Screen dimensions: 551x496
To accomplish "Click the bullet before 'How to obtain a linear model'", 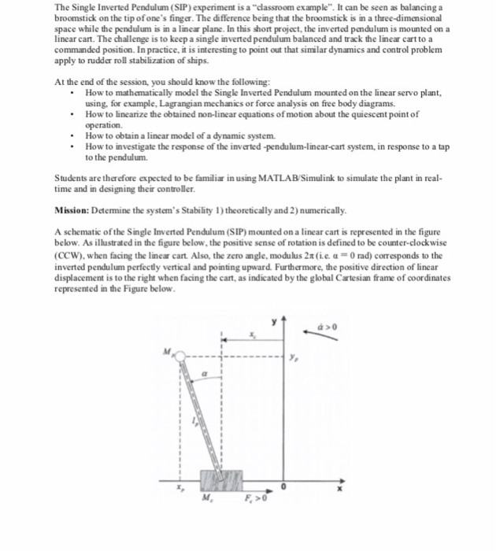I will click(x=73, y=135).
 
